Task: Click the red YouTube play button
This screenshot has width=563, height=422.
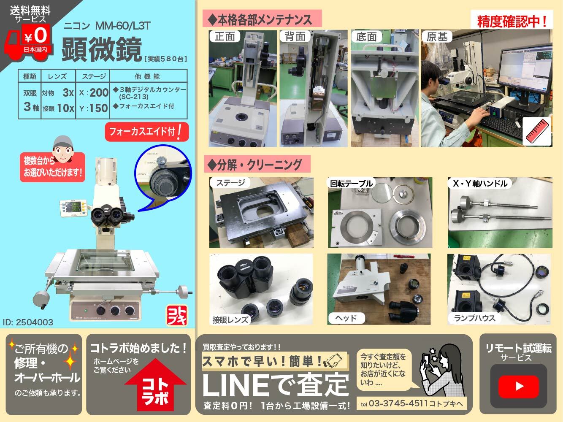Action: pos(519,387)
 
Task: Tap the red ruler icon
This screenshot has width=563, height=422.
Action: pos(537,131)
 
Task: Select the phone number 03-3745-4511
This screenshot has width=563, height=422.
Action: pos(398,403)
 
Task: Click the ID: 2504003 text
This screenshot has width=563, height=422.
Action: pos(28,322)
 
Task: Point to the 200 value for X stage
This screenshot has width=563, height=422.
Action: pos(99,92)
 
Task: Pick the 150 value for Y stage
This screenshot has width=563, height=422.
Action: pos(99,108)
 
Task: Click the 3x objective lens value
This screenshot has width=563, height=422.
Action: pos(68,93)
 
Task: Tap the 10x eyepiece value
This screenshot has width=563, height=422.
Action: pos(65,108)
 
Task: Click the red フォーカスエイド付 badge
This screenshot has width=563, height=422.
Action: pos(147,132)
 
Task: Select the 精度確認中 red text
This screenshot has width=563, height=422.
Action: pos(512,21)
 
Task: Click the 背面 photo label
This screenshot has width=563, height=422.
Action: pos(295,36)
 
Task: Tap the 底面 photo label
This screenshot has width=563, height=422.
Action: pos(366,37)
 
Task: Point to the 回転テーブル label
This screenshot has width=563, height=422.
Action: pos(351,183)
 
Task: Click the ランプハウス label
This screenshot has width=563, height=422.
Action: pos(474,318)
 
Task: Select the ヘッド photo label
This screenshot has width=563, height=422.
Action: pos(346,318)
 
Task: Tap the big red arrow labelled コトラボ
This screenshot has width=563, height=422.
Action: pos(155,384)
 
